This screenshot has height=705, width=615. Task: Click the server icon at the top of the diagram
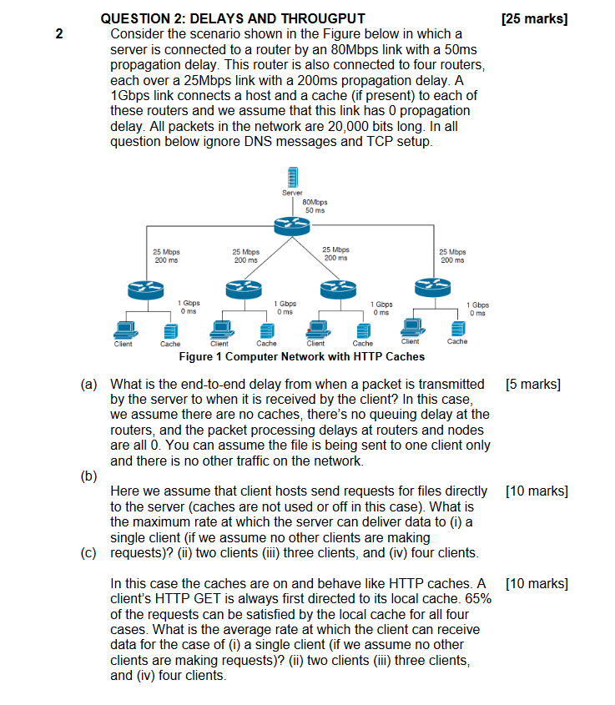pyautogui.click(x=294, y=178)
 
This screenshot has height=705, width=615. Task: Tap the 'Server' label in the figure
pyautogui.click(x=292, y=194)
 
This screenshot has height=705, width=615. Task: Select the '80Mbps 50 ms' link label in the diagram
pyautogui.click(x=315, y=206)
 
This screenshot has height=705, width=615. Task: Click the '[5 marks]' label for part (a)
pyautogui.click(x=533, y=385)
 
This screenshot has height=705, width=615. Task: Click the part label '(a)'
pyautogui.click(x=89, y=385)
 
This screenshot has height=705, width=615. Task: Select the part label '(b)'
pyautogui.click(x=89, y=476)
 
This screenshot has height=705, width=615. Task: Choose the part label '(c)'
pyautogui.click(x=89, y=552)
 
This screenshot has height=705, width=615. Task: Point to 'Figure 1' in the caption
pyautogui.click(x=204, y=356)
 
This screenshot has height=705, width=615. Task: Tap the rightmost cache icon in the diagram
pyautogui.click(x=457, y=327)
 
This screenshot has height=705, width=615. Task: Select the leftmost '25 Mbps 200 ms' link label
pyautogui.click(x=166, y=255)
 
